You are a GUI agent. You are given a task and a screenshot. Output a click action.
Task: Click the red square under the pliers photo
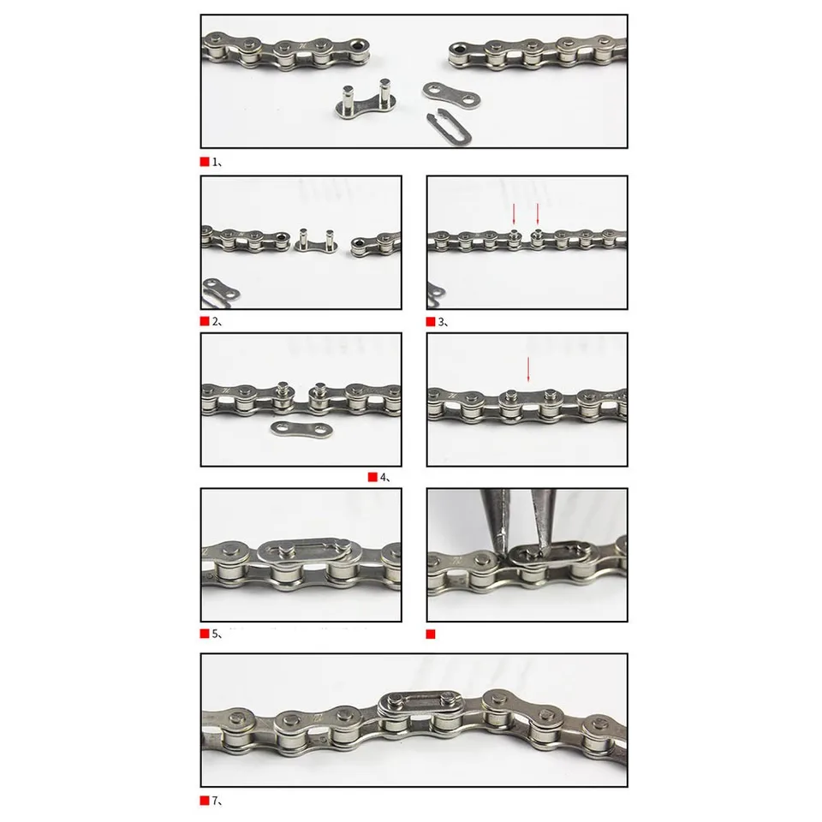[431, 634]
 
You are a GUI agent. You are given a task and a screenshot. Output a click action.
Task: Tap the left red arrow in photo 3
[515, 217]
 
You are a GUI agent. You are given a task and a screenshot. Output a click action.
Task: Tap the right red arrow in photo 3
[538, 217]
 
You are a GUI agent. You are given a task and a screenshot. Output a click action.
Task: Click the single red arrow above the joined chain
[528, 369]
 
